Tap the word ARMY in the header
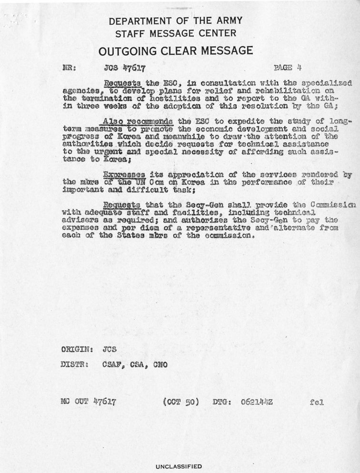point(226,20)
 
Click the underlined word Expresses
point(125,174)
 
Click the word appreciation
point(184,174)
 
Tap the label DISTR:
point(77,365)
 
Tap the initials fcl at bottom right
point(316,402)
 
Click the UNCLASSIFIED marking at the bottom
point(179,466)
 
